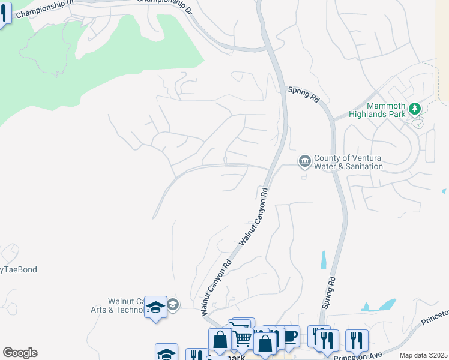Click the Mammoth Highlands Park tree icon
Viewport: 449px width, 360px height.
[414, 109]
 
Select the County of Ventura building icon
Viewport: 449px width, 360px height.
[304, 160]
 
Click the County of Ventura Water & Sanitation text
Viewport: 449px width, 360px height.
[347, 162]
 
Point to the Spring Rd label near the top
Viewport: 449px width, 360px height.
[303, 94]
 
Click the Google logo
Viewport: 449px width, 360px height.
[20, 353]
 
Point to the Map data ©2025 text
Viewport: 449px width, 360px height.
[424, 355]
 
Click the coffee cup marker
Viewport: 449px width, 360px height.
[291, 336]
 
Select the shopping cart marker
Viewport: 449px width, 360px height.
[242, 338]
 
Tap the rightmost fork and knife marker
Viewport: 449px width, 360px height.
[357, 340]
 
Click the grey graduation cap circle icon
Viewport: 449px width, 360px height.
[173, 304]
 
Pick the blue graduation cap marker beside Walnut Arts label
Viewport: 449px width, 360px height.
[156, 308]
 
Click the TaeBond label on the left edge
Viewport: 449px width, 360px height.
[19, 269]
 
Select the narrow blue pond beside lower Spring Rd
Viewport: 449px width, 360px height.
[324, 259]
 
